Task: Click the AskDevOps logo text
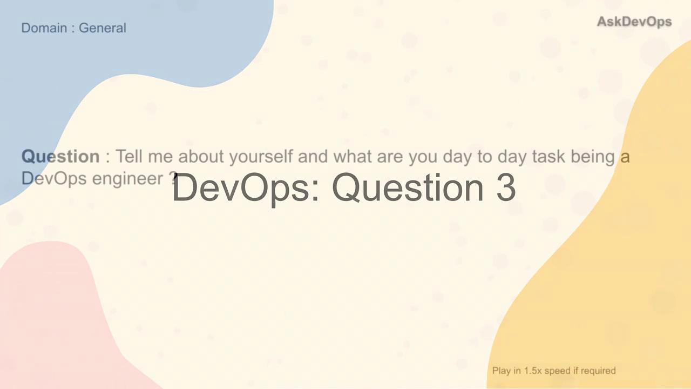pos(634,22)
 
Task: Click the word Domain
pos(44,28)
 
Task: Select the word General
pos(103,28)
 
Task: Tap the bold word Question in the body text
pos(60,157)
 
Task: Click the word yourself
pos(261,157)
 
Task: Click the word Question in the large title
pos(408,188)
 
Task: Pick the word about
pos(201,156)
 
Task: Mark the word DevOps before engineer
pos(54,179)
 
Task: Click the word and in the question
pos(313,156)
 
